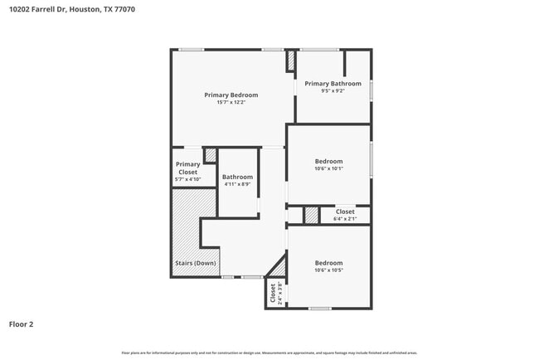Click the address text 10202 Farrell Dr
36,9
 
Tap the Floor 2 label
22,324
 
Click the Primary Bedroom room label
231,95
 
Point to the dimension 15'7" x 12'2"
231,103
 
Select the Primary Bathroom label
333,84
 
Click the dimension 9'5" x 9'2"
333,91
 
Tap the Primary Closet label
187,168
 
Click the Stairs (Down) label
195,263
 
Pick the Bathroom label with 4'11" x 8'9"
237,177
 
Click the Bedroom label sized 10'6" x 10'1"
328,161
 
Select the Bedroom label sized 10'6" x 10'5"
328,263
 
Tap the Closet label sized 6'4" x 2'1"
345,212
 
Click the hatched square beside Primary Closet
211,155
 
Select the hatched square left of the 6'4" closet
311,215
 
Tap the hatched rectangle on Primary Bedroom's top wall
290,61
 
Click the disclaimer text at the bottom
269,353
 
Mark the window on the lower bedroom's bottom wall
320,309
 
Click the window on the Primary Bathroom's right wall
371,90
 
